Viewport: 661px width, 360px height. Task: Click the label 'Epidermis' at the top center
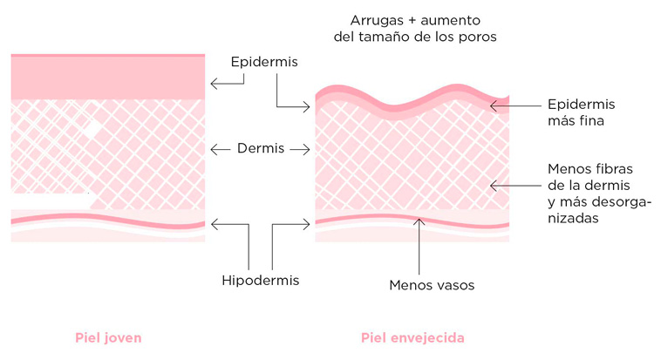264,63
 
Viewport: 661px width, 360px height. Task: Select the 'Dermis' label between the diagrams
261,149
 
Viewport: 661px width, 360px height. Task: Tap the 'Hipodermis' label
260,280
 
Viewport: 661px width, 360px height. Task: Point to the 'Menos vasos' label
422,284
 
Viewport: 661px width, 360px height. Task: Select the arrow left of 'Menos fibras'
514,185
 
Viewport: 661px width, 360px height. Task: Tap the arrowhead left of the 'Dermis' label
215,149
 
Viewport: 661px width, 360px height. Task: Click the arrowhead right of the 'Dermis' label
306,149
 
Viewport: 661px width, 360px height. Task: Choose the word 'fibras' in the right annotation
612,168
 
